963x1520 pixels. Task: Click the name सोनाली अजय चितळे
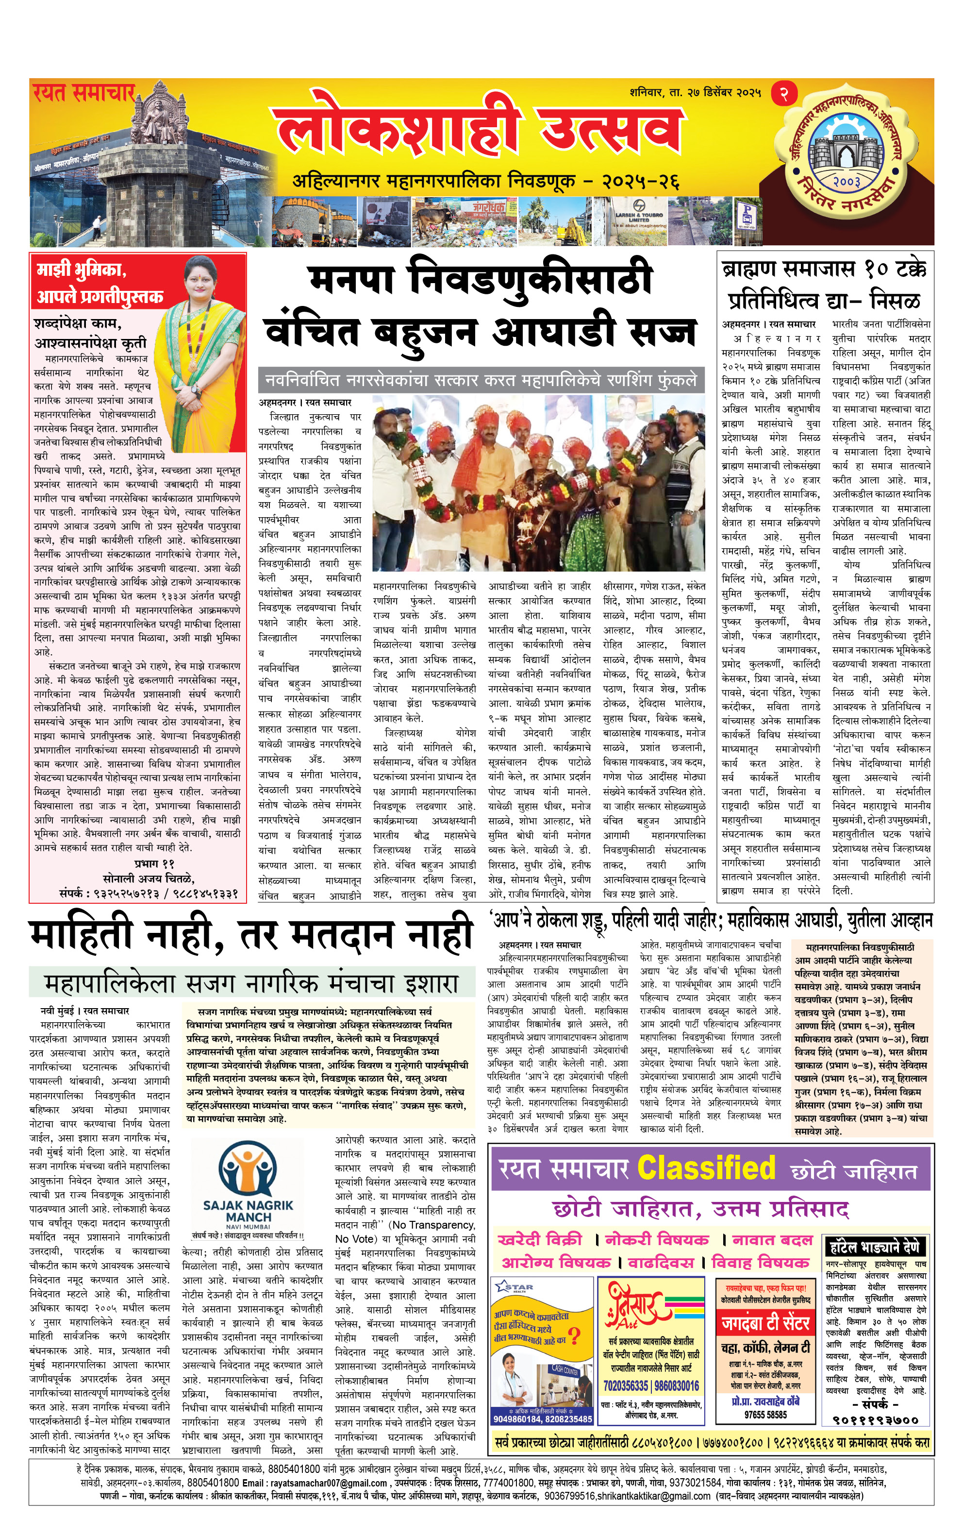[149, 878]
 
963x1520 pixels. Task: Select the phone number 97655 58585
[765, 1415]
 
